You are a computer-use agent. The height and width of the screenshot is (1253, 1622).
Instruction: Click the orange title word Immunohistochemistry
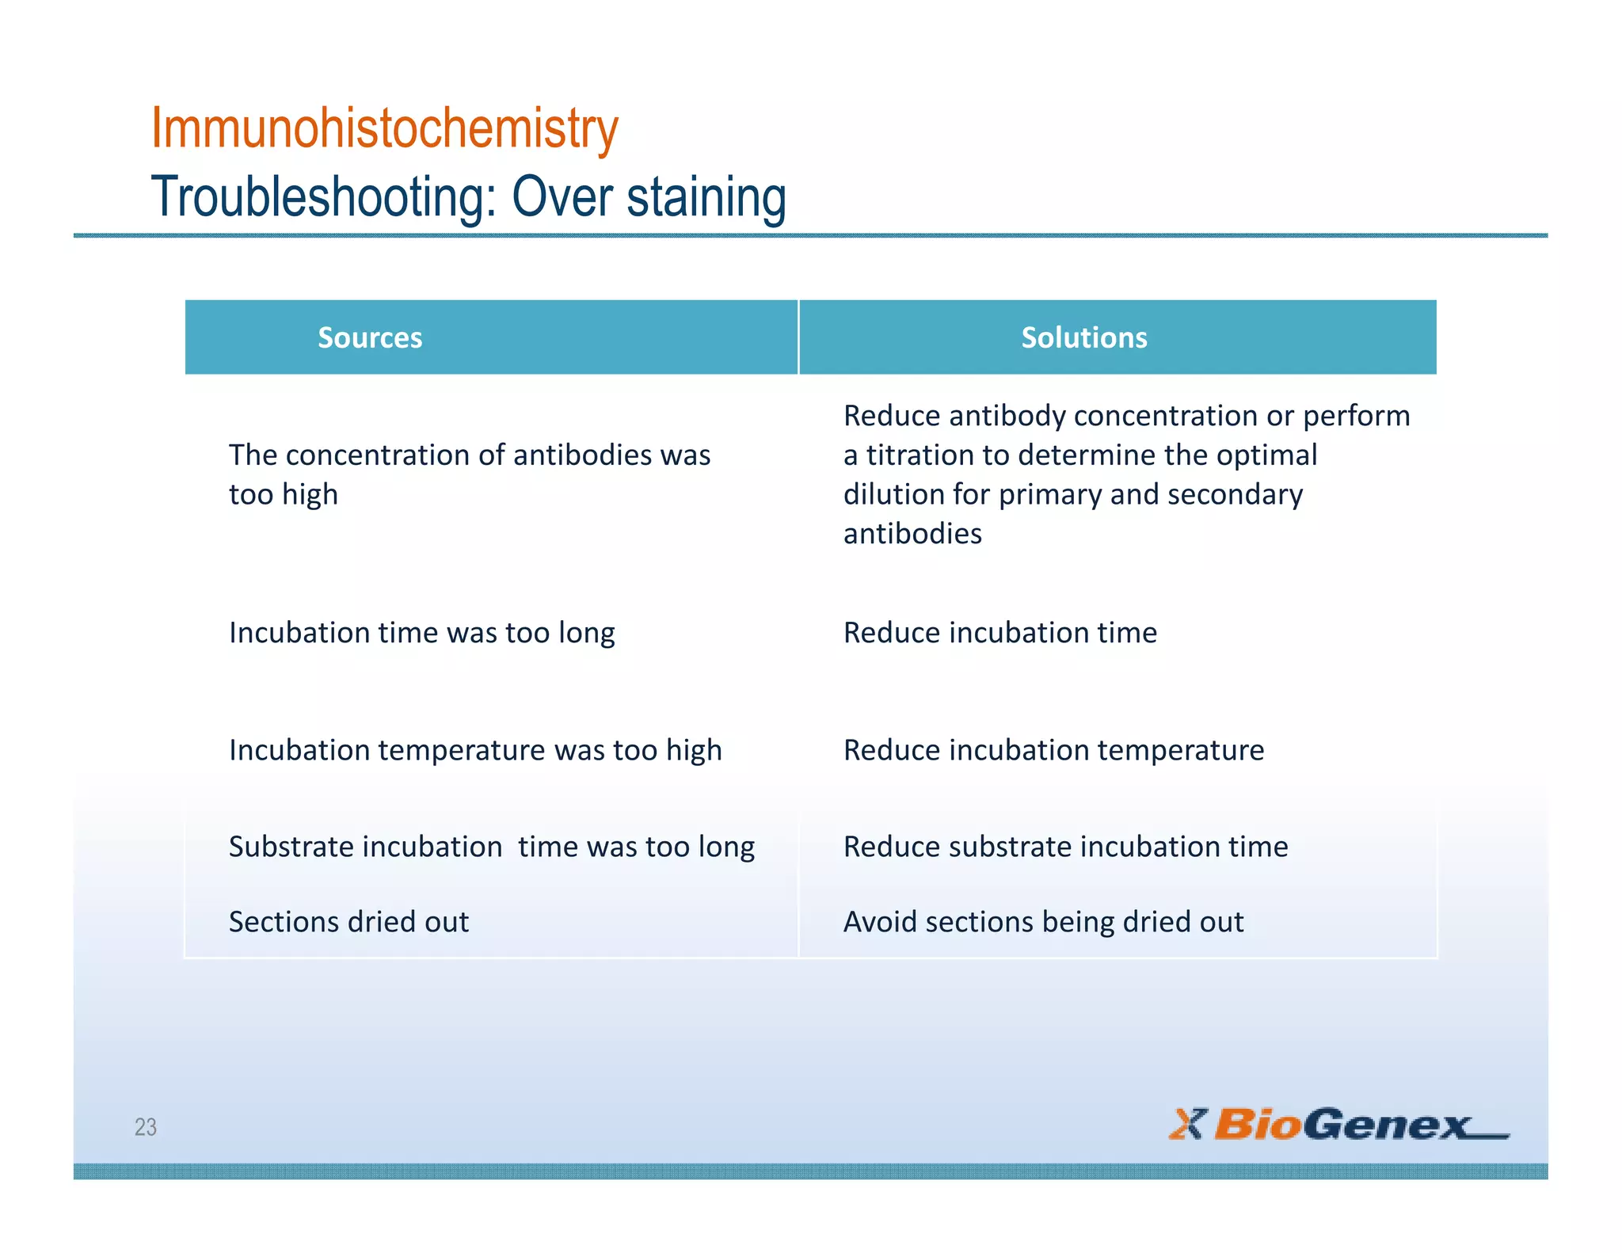[384, 128]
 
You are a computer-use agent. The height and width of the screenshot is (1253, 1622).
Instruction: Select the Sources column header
[370, 337]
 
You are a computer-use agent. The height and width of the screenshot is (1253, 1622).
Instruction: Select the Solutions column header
[1083, 337]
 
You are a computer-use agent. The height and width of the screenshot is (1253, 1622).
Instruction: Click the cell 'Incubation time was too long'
[421, 633]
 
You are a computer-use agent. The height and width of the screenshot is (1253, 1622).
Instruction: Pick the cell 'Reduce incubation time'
[999, 633]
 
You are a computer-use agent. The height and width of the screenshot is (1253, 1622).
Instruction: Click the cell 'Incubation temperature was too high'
[475, 750]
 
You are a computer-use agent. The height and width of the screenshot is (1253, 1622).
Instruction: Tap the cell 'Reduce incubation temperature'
[1053, 750]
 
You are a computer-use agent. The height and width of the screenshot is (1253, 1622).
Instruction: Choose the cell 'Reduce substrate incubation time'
[1065, 847]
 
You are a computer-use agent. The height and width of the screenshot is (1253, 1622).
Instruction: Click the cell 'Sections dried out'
[348, 922]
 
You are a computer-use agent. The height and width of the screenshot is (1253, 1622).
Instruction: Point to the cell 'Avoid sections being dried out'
[1043, 922]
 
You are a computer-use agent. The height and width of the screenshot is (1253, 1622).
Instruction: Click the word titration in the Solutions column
[920, 455]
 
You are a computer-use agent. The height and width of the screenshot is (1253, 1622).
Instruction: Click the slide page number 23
[146, 1126]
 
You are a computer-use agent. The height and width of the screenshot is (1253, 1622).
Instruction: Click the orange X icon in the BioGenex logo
[1186, 1124]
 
